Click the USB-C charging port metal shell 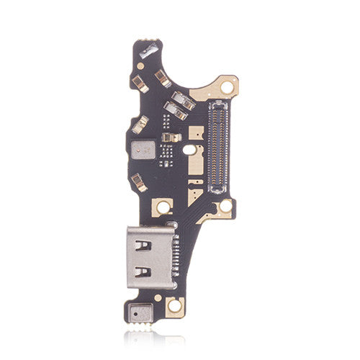coord(151,256)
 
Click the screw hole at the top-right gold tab coord(228,87)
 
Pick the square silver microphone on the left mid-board coord(142,150)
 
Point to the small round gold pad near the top coord(141,66)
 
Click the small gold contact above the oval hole coord(170,136)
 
